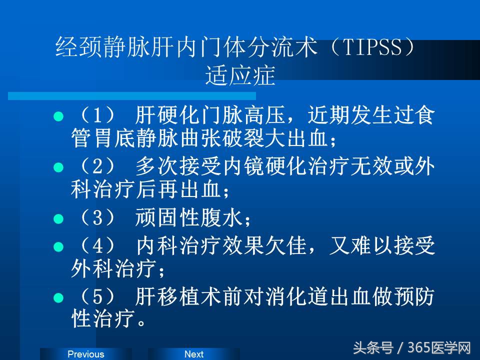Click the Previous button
(85, 354)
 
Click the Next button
(194, 354)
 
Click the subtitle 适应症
(240, 76)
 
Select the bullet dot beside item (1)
(58, 117)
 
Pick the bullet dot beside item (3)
(58, 218)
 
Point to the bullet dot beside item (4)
(58, 246)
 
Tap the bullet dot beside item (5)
(58, 297)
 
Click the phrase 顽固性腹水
(188, 218)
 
